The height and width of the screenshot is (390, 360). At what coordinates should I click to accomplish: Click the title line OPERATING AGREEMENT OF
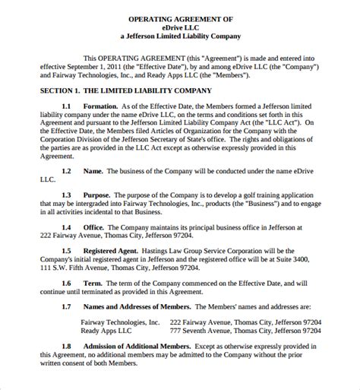[x=181, y=17]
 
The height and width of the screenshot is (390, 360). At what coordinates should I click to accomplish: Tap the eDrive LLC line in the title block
[x=180, y=26]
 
